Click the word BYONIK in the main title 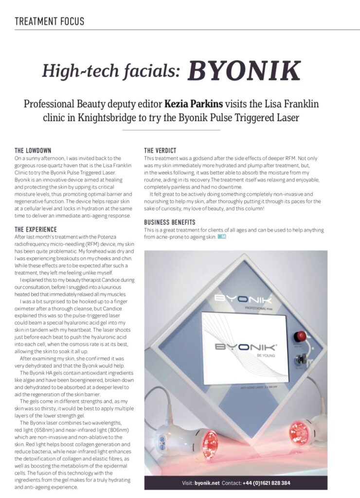click(244, 71)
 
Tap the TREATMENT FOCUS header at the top click(49, 21)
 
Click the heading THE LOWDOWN click(33, 150)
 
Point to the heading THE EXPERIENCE click(36, 229)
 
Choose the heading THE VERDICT click(160, 150)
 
